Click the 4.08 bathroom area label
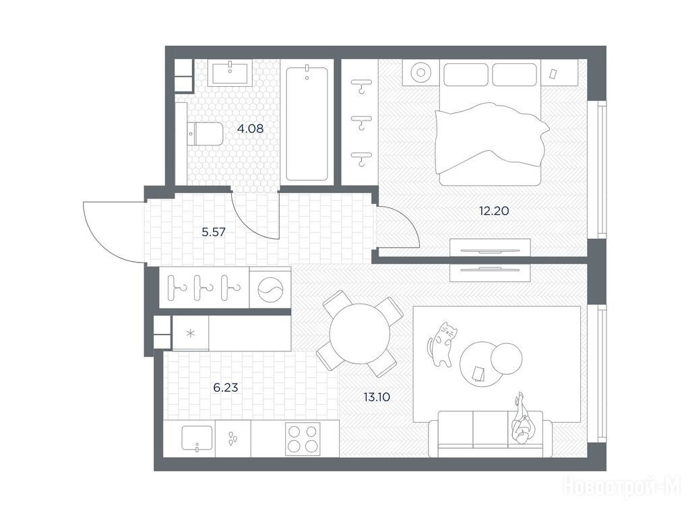(x=250, y=129)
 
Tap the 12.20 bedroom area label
(x=494, y=211)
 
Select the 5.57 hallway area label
(x=214, y=232)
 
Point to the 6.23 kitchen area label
(x=225, y=387)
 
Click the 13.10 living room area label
(x=377, y=397)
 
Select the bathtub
(x=307, y=124)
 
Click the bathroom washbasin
(x=230, y=73)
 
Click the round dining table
(x=360, y=334)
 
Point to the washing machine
(x=270, y=287)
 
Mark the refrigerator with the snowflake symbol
(x=191, y=333)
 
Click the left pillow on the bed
(x=466, y=75)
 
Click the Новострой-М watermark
(x=622, y=487)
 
